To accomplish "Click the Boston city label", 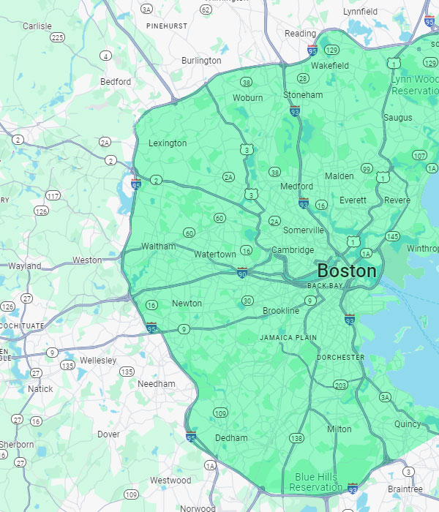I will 347,271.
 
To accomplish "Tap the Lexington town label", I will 168,143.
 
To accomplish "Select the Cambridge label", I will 293,250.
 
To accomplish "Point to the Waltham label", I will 159,246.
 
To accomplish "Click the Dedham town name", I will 231,438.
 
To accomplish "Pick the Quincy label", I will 408,423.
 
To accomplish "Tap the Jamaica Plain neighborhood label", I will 288,338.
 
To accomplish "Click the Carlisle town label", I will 37,26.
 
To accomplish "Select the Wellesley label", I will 98,361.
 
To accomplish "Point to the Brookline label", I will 281,311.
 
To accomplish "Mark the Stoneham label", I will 303,95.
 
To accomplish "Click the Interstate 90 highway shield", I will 242,274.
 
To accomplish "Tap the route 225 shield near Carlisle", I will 57,37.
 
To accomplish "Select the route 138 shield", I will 296,438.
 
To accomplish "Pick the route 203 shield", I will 340,385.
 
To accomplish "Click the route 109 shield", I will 220,414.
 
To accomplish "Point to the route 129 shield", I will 331,50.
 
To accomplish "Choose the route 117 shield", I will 53,195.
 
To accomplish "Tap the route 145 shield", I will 393,236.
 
